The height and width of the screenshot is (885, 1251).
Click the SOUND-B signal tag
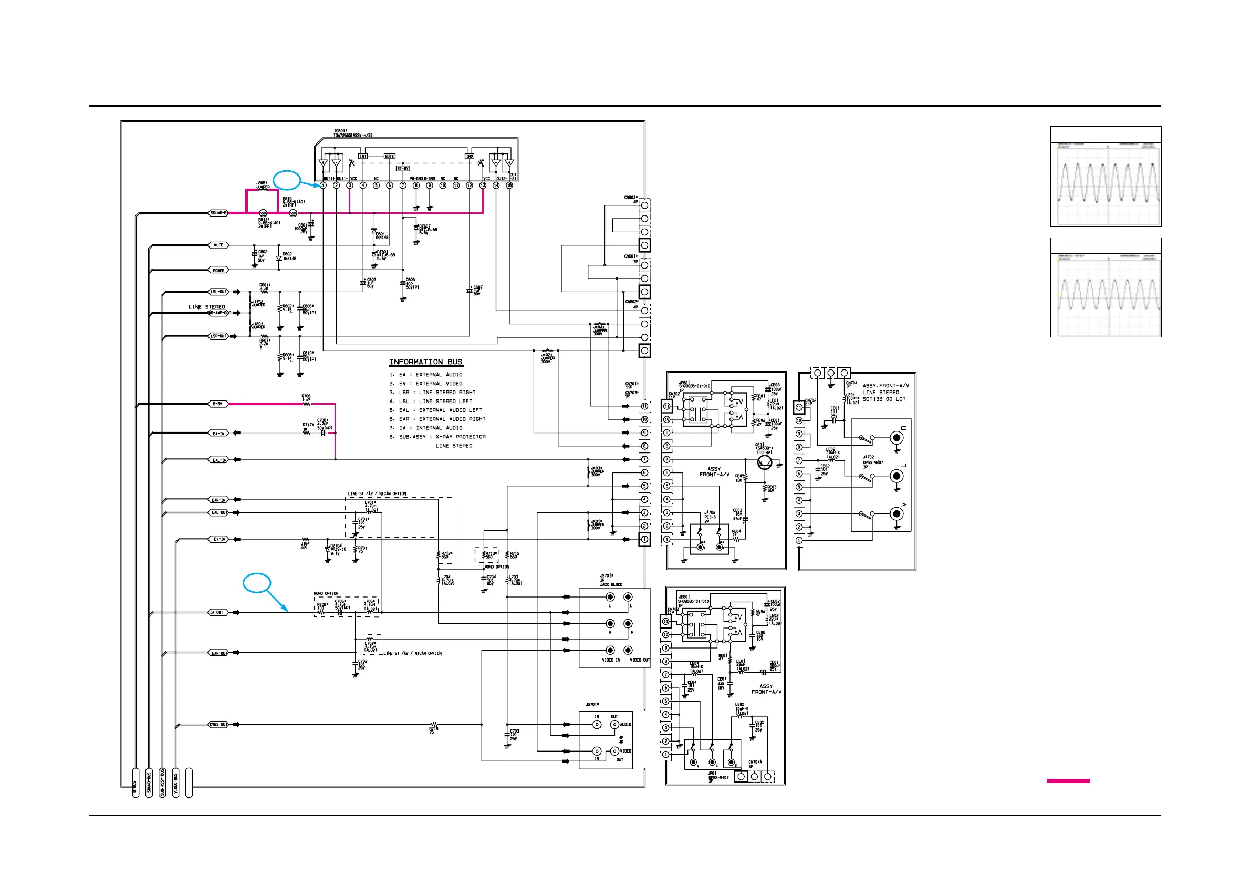click(x=218, y=213)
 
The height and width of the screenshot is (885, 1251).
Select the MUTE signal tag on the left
click(x=218, y=245)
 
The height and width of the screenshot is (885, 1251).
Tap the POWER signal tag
click(x=218, y=271)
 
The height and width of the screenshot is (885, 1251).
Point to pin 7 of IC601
click(x=403, y=186)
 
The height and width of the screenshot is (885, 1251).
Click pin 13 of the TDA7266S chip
click(x=482, y=186)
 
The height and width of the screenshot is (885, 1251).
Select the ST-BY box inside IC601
click(x=403, y=169)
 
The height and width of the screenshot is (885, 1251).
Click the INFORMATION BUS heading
click(x=425, y=362)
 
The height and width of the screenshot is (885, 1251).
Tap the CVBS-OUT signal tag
click(x=218, y=725)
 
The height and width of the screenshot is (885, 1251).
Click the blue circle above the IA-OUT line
click(x=257, y=583)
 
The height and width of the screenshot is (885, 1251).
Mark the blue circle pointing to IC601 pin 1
click(x=287, y=180)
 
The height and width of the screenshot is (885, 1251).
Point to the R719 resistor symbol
click(x=434, y=725)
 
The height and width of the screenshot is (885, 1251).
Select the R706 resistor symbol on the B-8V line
click(x=306, y=404)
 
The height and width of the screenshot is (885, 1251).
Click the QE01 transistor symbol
click(x=765, y=463)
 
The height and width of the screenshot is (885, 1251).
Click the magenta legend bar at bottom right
click(x=1067, y=781)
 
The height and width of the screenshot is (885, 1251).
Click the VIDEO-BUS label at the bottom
click(x=175, y=783)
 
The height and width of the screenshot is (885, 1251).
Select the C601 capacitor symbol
click(x=311, y=224)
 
